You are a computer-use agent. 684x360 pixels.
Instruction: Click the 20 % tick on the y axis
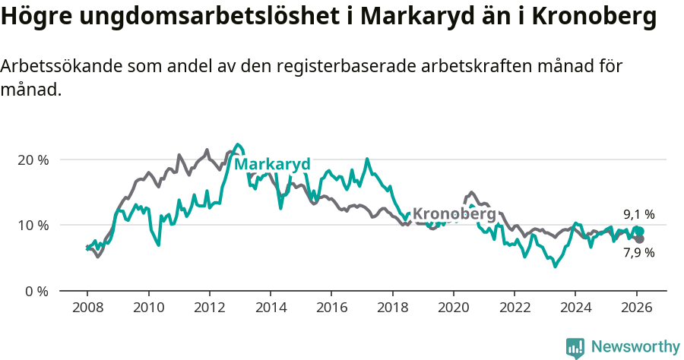[x=33, y=160]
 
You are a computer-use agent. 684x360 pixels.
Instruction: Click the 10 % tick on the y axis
[x=33, y=226]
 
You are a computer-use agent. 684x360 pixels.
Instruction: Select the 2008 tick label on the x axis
[x=87, y=308]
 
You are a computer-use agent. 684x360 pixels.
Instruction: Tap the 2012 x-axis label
[x=209, y=308]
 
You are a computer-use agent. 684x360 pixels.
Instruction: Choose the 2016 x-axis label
[x=331, y=308]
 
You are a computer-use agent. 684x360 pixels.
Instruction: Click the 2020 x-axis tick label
[x=453, y=308]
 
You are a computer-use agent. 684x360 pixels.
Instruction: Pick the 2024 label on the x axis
[x=575, y=308]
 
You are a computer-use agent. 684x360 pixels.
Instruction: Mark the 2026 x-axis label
[x=636, y=308]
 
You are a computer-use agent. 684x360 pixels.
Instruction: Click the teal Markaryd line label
[x=272, y=165]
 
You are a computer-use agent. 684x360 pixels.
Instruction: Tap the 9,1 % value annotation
[x=638, y=214]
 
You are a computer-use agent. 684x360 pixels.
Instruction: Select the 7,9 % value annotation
[x=638, y=253]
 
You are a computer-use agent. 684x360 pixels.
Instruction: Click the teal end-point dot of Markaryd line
[x=639, y=231]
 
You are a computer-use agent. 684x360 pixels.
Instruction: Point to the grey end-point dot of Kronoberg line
[x=639, y=239]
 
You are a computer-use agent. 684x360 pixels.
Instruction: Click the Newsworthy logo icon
[x=575, y=347]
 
